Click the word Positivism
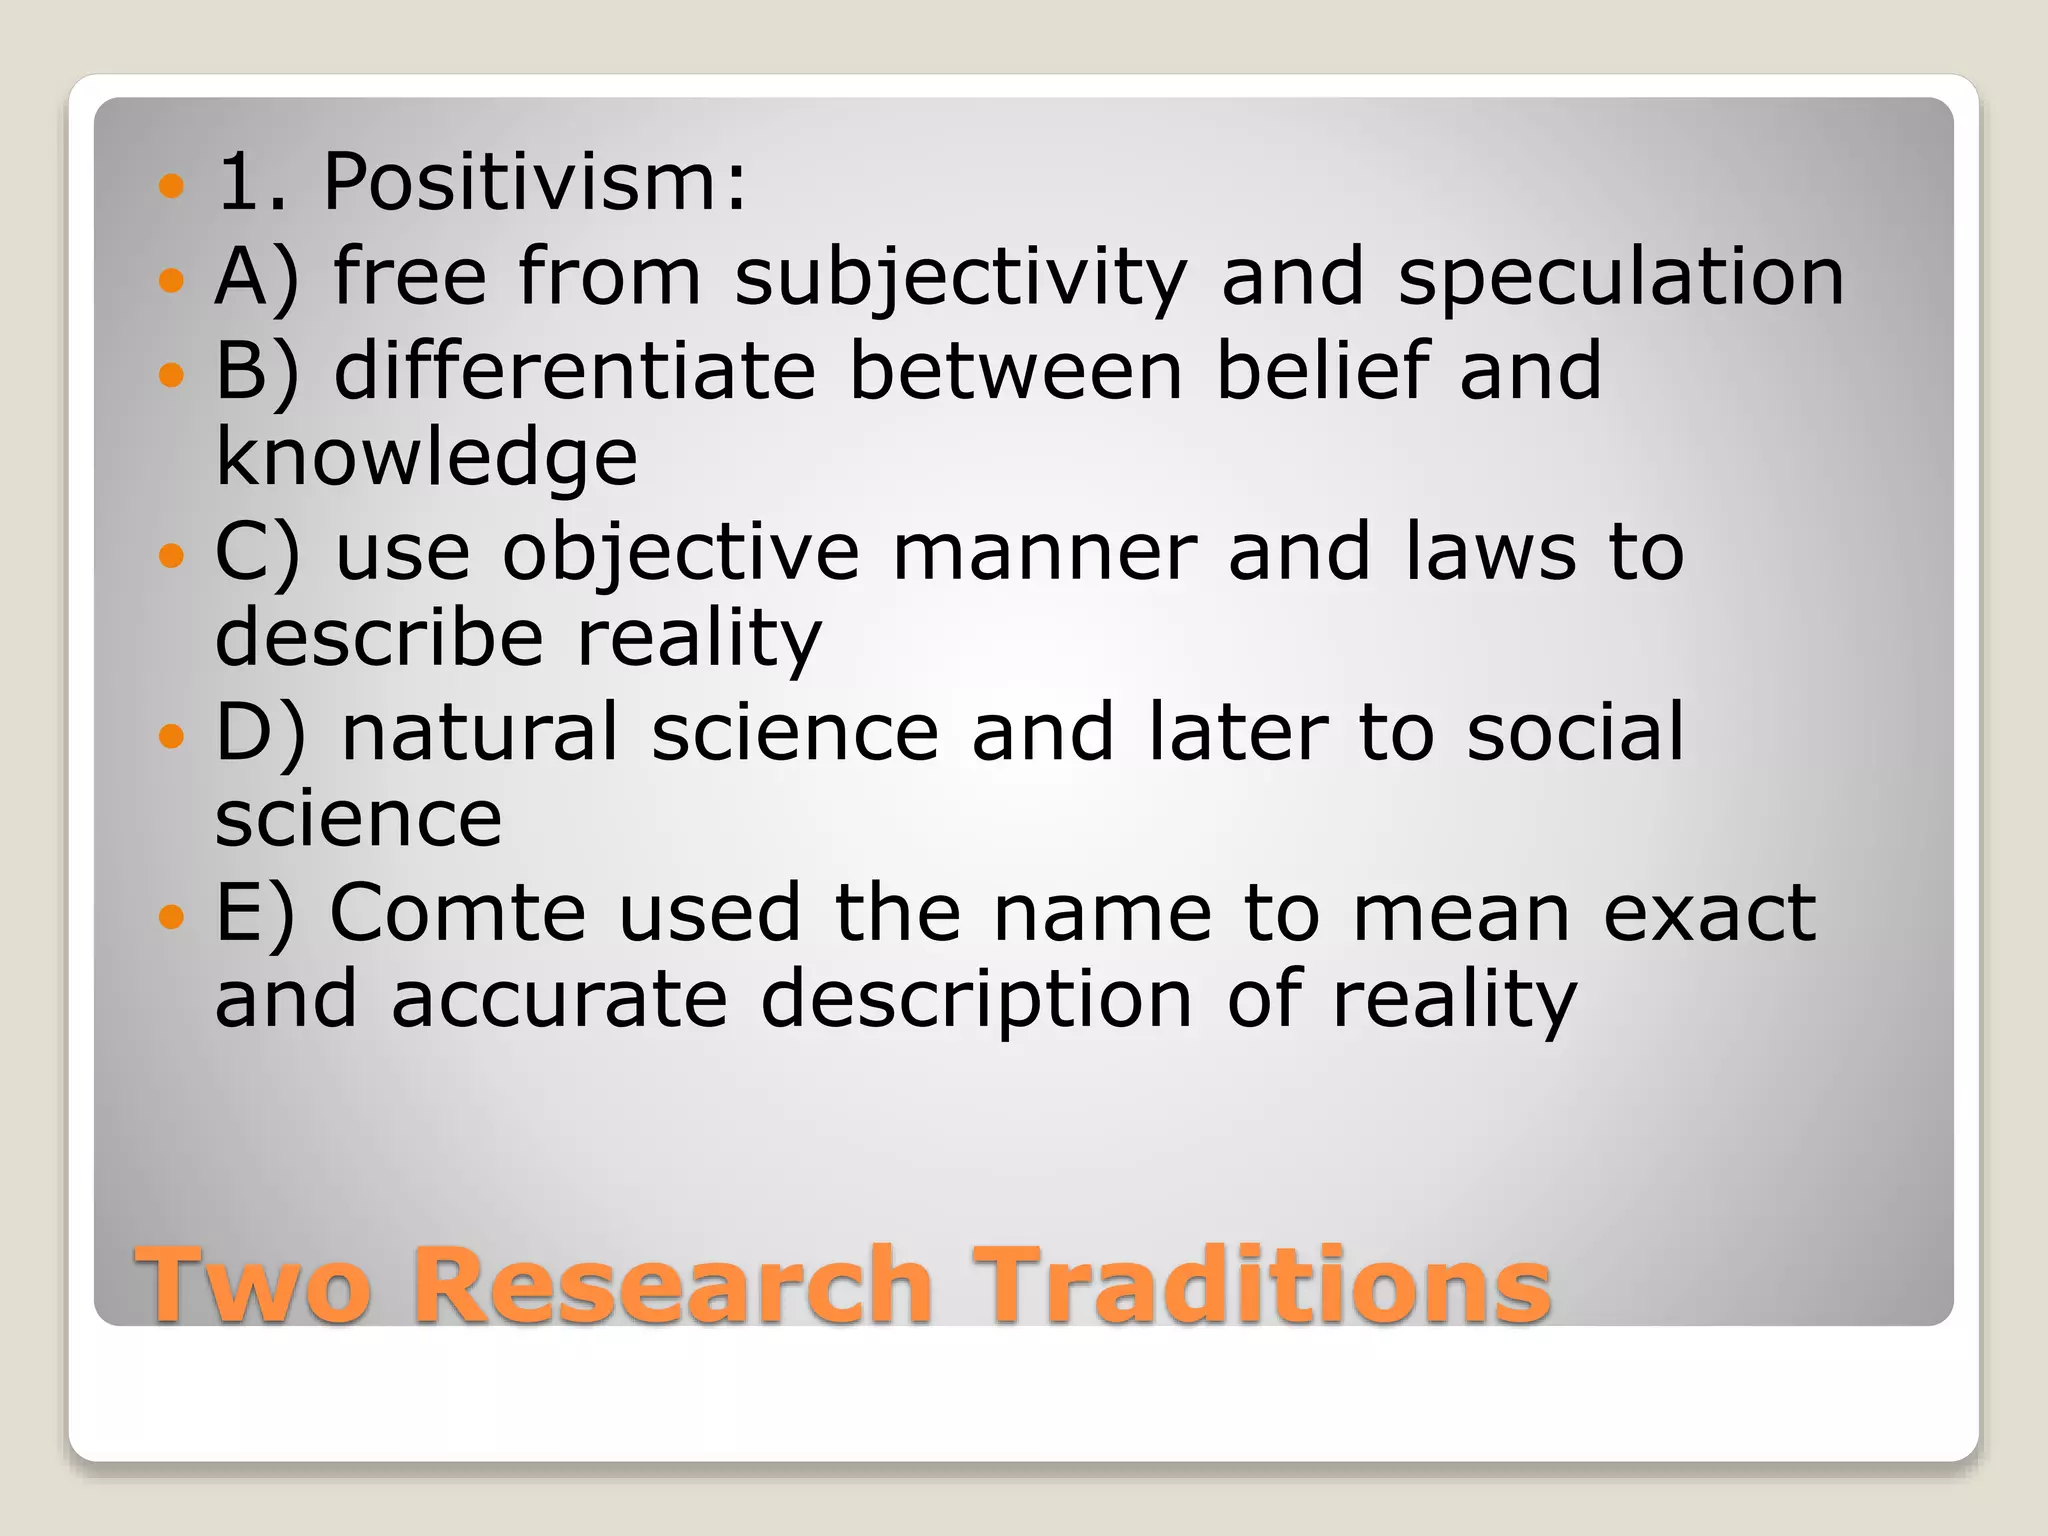(x=534, y=182)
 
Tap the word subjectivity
(x=960, y=277)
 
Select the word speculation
(x=1620, y=277)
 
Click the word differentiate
(x=575, y=371)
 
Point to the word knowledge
(x=426, y=457)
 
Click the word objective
(x=680, y=553)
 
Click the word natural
(x=480, y=733)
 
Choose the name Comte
(x=457, y=913)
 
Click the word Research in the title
(x=672, y=1284)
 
